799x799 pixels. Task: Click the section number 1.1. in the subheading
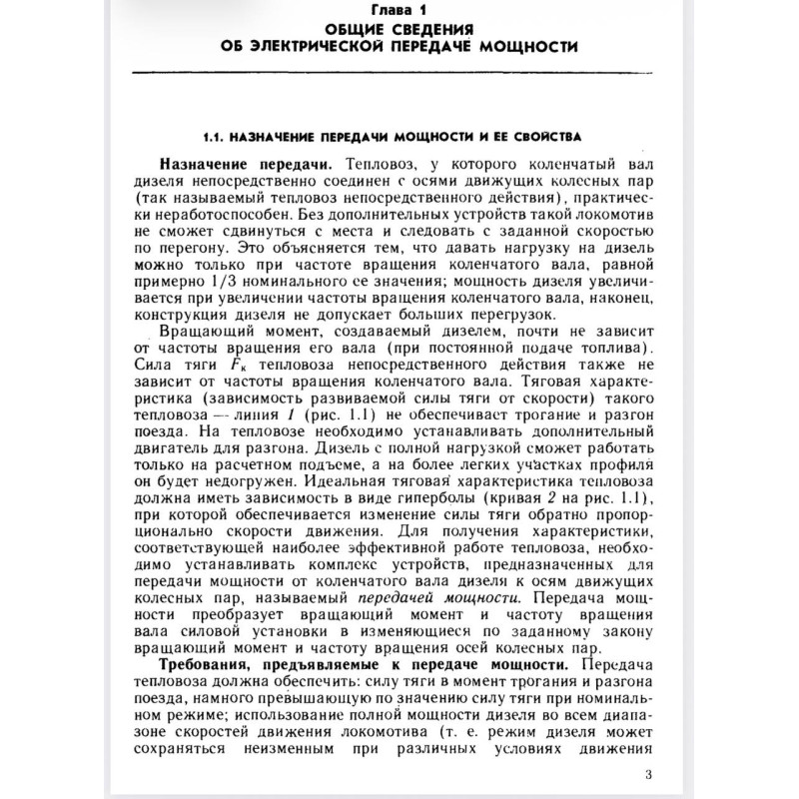(x=216, y=135)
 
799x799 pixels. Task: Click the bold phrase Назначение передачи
(x=239, y=163)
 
